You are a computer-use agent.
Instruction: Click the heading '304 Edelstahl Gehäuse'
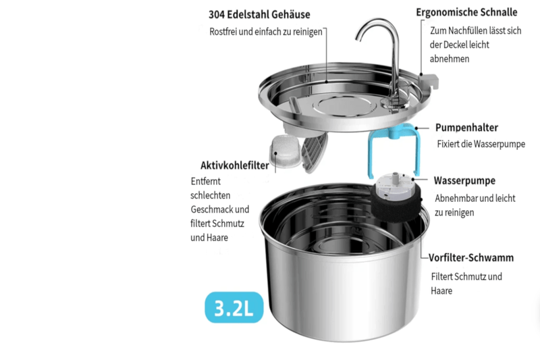(x=259, y=14)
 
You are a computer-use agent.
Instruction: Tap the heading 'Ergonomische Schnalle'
(x=466, y=12)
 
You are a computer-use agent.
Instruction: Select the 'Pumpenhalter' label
(x=466, y=128)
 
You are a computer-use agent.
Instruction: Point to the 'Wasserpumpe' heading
(x=464, y=180)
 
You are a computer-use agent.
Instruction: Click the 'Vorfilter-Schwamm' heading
(x=471, y=258)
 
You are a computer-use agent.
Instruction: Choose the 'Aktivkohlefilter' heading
(x=235, y=165)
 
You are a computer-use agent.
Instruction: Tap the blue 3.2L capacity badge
(x=234, y=307)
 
